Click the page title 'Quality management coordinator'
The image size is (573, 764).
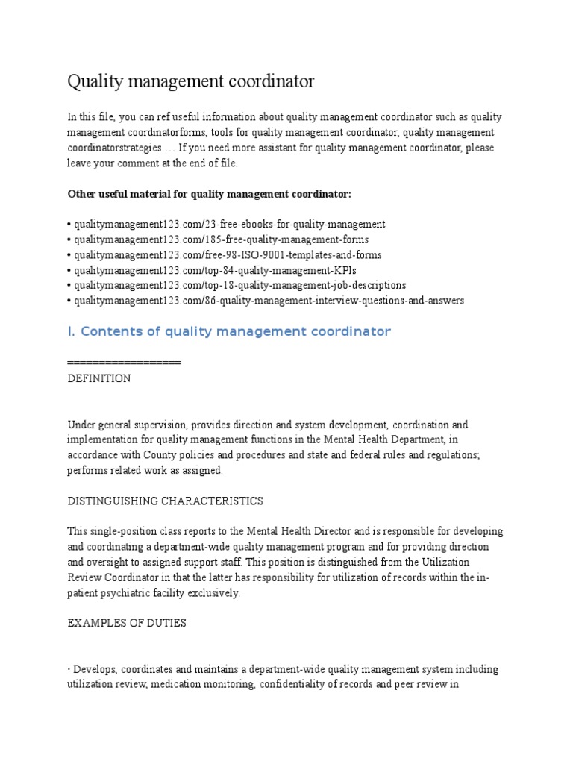[191, 81]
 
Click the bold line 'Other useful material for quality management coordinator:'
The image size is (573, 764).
[209, 194]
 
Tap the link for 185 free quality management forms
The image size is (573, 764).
[221, 239]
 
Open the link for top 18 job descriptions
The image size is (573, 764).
[239, 285]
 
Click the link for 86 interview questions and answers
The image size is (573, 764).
[269, 301]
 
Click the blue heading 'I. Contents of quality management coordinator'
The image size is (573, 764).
[229, 331]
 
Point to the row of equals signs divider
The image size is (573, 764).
[124, 363]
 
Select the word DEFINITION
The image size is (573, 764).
[98, 378]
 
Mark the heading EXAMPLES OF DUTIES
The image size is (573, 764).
[127, 623]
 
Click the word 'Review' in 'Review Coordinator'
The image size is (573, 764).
[84, 577]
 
